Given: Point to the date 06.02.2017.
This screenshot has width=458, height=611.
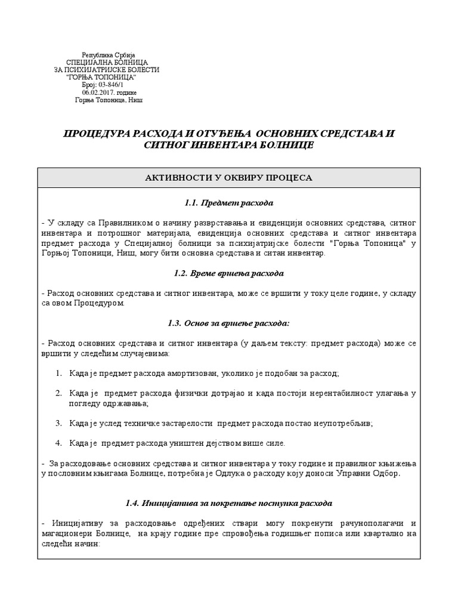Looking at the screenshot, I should click(100, 92).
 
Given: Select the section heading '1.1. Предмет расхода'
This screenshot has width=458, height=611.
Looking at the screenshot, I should click(229, 203).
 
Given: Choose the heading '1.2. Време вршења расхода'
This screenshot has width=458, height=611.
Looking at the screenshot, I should click(229, 273).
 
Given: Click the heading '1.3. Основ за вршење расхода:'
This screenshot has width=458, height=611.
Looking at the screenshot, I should click(229, 323).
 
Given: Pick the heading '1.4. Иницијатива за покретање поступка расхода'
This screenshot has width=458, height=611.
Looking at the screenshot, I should click(229, 503).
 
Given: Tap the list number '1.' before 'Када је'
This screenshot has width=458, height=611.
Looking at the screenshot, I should click(59, 373).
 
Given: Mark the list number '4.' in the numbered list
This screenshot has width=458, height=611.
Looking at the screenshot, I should click(59, 443).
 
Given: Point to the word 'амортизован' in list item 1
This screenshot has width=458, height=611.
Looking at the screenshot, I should click(173, 373).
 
